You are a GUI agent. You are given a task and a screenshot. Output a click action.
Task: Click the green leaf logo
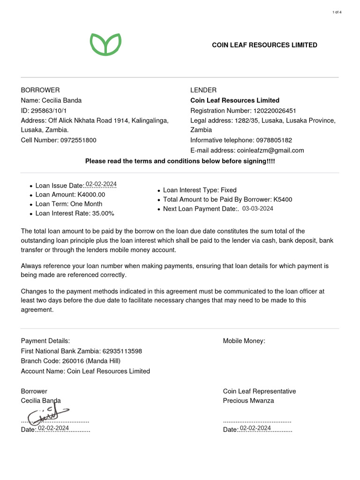[105, 45]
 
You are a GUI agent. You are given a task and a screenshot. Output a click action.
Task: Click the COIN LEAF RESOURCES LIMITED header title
[264, 45]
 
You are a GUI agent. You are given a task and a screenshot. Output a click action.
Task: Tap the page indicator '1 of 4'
[337, 12]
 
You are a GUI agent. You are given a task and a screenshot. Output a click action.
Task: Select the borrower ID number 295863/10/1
[49, 111]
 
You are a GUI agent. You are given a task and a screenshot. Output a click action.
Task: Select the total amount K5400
[283, 199]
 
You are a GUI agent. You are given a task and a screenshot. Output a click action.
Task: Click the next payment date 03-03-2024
[258, 209]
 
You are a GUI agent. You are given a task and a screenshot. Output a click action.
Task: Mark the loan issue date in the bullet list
[101, 184]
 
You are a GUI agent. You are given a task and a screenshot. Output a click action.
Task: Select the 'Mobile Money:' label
[244, 341]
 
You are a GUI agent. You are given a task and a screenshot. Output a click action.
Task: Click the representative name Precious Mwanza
[248, 401]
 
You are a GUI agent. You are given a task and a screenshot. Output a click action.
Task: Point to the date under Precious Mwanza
[255, 428]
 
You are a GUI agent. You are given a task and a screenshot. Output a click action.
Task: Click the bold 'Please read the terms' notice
[180, 161]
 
